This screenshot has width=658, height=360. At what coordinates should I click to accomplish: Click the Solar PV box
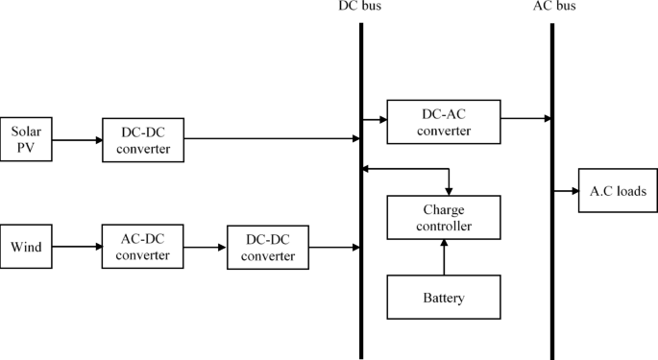pyautogui.click(x=26, y=139)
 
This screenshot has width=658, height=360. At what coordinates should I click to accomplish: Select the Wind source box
pyautogui.click(x=26, y=247)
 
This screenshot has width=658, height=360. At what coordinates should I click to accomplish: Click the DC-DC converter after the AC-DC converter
pyautogui.click(x=268, y=247)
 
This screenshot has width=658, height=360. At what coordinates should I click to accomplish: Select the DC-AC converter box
pyautogui.click(x=444, y=120)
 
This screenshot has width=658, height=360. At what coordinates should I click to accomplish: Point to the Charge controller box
pyautogui.click(x=444, y=218)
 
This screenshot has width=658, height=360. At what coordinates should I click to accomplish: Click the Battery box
pyautogui.click(x=444, y=297)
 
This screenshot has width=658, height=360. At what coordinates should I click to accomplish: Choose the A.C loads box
pyautogui.click(x=616, y=191)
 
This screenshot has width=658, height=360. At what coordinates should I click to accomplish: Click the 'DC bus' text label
pyautogui.click(x=361, y=8)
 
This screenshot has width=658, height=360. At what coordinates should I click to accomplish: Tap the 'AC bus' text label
pyautogui.click(x=553, y=8)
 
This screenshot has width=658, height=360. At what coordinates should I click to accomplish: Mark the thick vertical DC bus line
pyautogui.click(x=361, y=192)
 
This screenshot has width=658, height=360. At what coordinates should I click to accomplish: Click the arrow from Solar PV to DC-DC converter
pyautogui.click(x=77, y=139)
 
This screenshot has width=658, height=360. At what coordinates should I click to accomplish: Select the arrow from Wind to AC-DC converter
pyautogui.click(x=77, y=247)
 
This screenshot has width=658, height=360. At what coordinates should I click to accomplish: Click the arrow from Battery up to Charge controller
pyautogui.click(x=444, y=257)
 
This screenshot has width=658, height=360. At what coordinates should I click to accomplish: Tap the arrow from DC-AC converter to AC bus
pyautogui.click(x=525, y=120)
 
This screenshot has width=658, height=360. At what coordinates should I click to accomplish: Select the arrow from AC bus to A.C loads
pyautogui.click(x=566, y=191)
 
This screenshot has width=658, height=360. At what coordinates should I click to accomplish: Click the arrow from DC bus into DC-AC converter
pyautogui.click(x=375, y=120)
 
